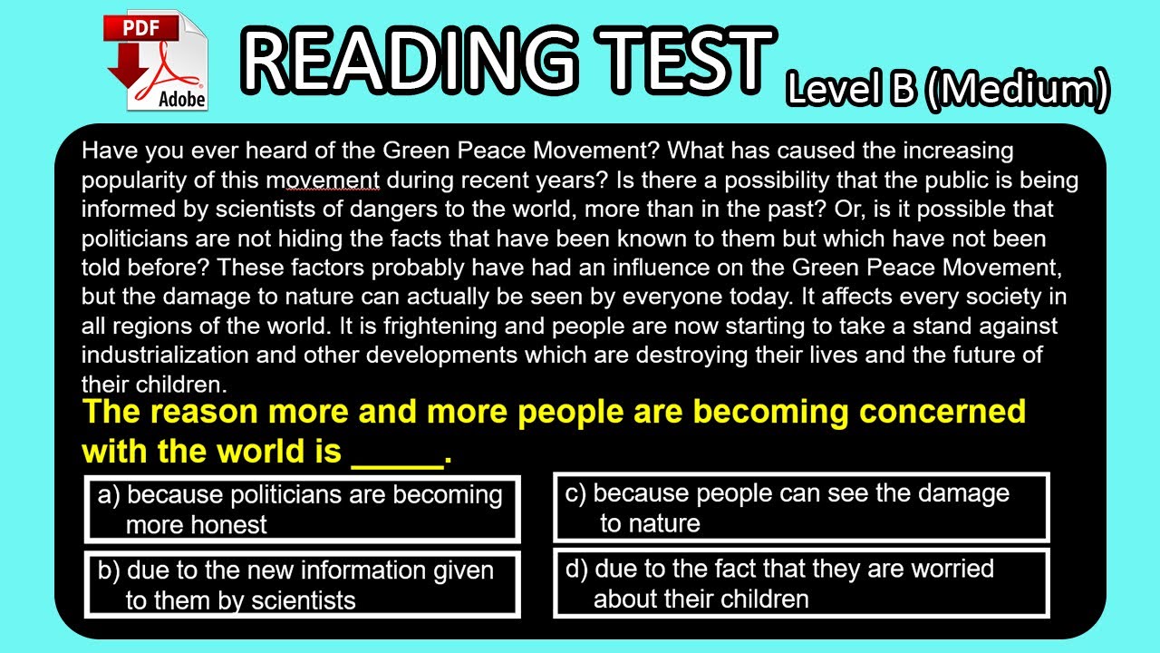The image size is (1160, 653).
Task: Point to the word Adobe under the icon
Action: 181,98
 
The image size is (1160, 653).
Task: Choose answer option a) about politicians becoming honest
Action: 302,509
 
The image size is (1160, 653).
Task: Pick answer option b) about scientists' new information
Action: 302,585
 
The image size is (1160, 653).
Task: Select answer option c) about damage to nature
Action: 801,508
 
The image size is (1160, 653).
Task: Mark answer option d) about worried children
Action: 801,584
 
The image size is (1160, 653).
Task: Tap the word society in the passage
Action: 988,296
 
